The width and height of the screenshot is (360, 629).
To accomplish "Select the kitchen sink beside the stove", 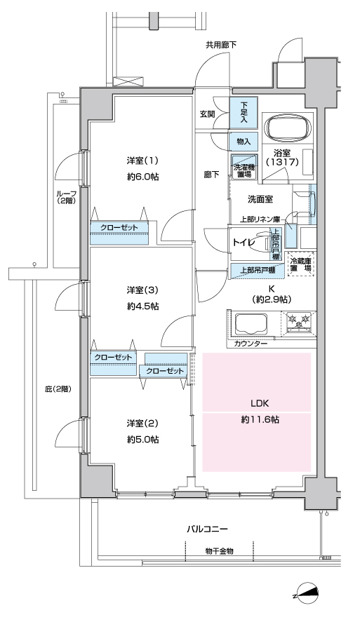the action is [251, 324].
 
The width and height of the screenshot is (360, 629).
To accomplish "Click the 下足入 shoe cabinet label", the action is [244, 112].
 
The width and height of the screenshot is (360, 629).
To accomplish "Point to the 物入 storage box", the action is [244, 142].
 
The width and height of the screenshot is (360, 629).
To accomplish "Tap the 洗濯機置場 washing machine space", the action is [244, 168].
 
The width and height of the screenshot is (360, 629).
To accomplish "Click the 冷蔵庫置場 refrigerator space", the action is [300, 264].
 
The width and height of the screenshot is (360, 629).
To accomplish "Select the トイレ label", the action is [244, 243].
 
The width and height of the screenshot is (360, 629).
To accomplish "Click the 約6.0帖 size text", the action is [143, 177].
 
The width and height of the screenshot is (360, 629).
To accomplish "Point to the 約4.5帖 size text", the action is [143, 306].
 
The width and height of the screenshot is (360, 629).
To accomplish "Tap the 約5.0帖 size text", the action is [143, 439].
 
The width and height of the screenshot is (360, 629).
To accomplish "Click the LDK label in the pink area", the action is [260, 403].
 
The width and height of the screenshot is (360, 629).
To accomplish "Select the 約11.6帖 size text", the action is [260, 420].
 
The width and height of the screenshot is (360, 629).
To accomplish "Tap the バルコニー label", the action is [207, 529].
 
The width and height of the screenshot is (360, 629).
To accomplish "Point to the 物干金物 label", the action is [219, 551].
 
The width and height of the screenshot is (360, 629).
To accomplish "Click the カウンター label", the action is [251, 344].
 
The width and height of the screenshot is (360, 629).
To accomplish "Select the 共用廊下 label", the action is [221, 45].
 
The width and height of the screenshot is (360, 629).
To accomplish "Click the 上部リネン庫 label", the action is [260, 219].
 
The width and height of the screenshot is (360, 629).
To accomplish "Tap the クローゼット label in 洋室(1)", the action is [119, 227].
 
